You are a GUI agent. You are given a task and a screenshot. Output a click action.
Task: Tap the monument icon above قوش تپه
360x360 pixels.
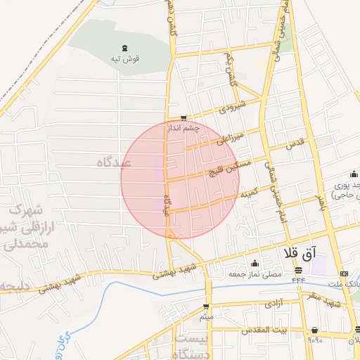(x=125, y=48)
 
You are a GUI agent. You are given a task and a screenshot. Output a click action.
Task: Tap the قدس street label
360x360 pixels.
(x=295, y=143)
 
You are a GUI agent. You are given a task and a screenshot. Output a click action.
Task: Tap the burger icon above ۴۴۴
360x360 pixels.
(x=298, y=270)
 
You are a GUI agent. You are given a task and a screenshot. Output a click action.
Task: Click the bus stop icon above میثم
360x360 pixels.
(x=206, y=306)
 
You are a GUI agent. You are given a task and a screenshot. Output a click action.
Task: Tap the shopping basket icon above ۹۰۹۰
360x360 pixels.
(x=314, y=330)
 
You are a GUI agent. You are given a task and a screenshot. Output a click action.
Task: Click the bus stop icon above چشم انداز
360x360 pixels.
(x=184, y=118)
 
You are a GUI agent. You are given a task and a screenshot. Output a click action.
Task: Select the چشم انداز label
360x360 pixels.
(x=184, y=129)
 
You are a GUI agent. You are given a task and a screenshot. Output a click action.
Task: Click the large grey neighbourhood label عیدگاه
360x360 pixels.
(x=117, y=162)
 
